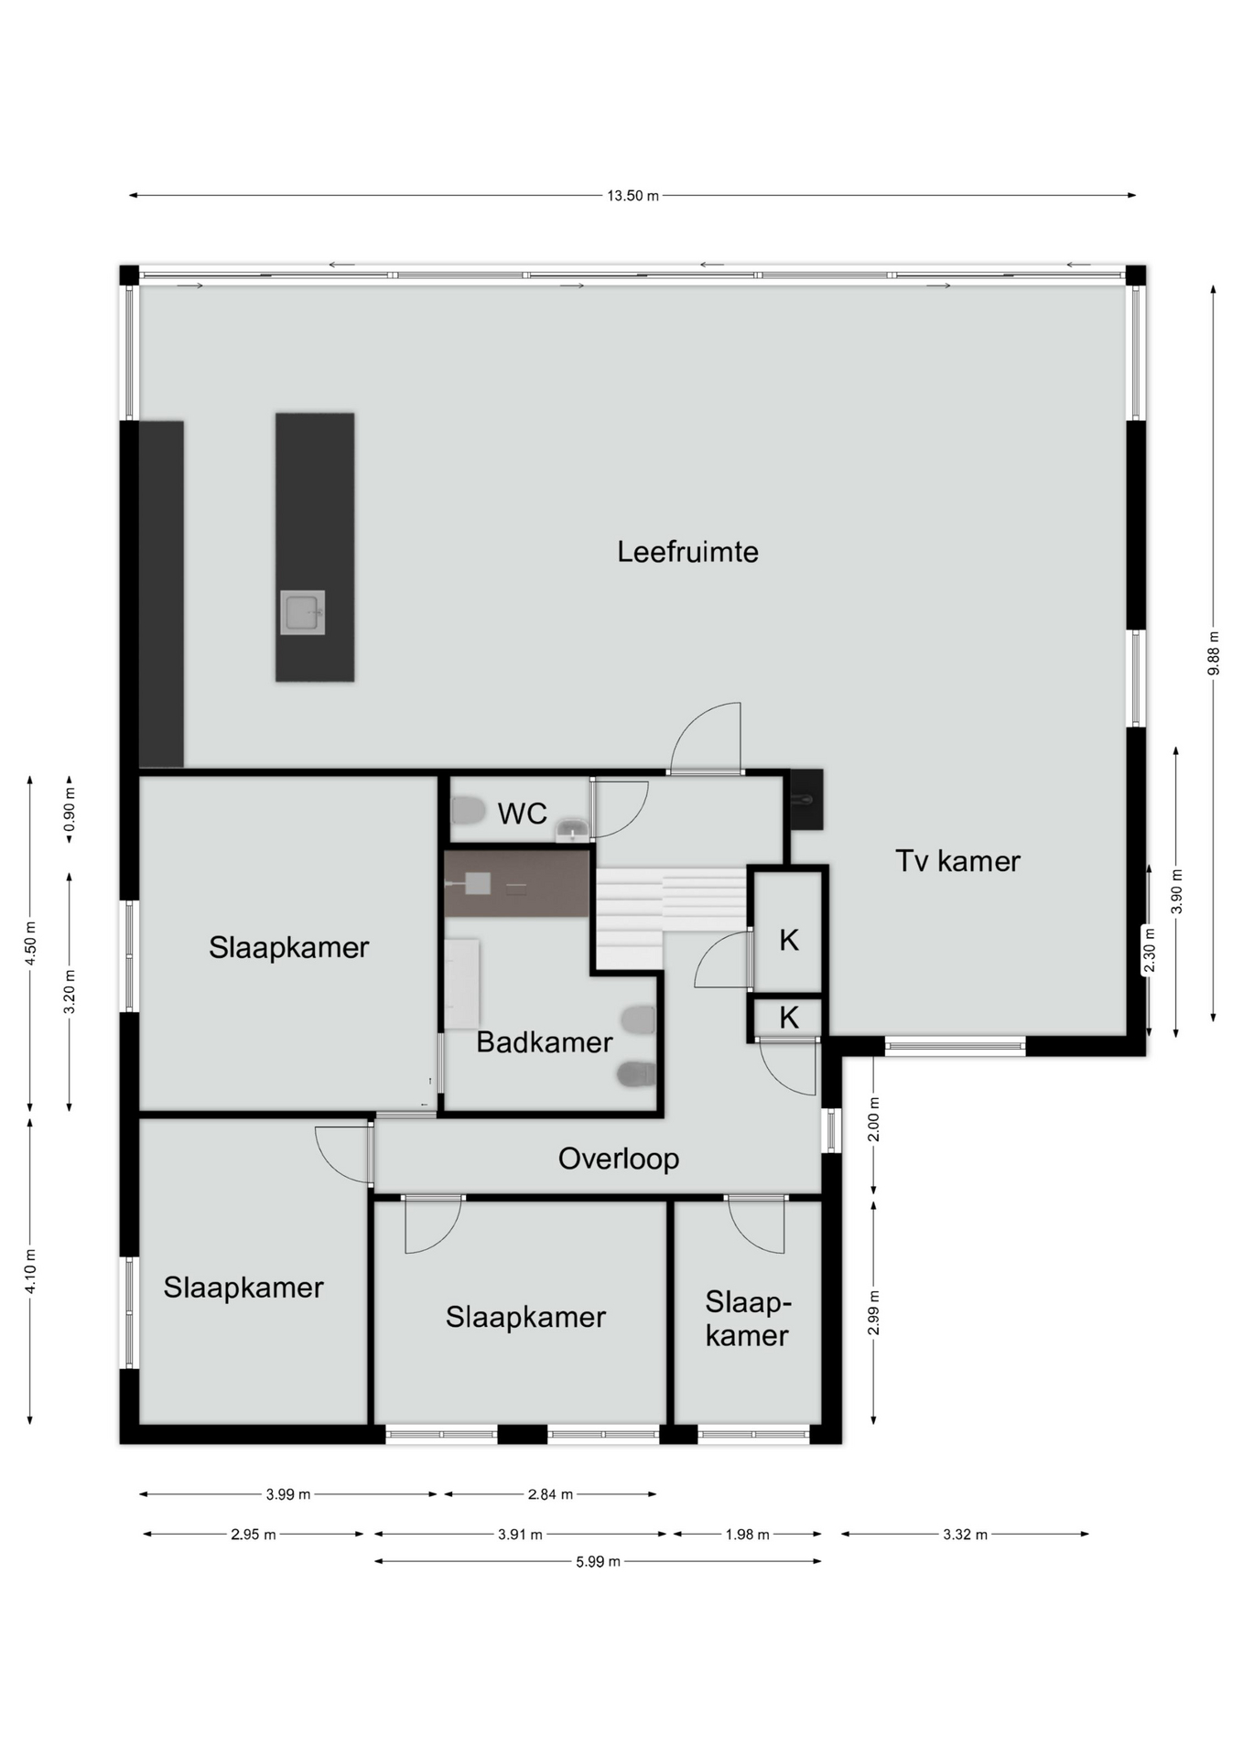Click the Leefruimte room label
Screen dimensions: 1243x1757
[687, 552]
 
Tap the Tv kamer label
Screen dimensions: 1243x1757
[957, 861]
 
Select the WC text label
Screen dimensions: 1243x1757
[522, 814]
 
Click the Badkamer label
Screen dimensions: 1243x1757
[544, 1042]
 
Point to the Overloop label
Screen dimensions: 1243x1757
[619, 1159]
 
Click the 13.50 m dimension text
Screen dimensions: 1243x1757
[632, 196]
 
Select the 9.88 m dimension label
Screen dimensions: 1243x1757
[1214, 653]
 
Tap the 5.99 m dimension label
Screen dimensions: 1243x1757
[598, 1562]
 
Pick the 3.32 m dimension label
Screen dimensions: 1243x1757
[965, 1535]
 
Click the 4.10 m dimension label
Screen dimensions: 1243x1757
[30, 1271]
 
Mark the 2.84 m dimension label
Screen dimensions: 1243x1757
[550, 1494]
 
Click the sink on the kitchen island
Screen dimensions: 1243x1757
[302, 612]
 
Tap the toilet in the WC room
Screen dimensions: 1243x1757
[468, 811]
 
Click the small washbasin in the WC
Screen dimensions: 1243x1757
[572, 830]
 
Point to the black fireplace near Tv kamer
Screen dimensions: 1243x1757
[806, 800]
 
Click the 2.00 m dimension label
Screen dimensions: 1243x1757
[874, 1119]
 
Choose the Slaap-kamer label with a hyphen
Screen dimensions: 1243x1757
[748, 1319]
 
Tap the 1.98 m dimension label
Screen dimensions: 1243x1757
[747, 1535]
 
